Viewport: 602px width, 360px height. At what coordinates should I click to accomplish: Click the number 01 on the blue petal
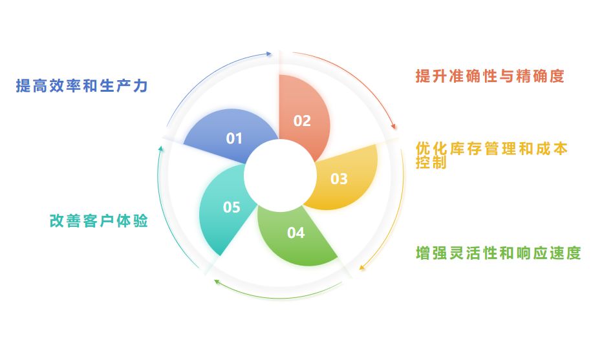pos(234,138)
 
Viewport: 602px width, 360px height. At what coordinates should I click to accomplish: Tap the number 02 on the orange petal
pos(302,121)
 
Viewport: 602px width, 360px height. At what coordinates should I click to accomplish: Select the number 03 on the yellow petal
pos(339,179)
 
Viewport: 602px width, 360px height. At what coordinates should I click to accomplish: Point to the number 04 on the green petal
pos(296,233)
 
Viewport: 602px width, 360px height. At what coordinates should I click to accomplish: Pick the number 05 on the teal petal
pos(231,207)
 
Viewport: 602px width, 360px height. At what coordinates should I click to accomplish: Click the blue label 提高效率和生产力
pos(82,87)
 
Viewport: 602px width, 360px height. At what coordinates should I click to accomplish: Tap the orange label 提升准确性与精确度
pos(489,76)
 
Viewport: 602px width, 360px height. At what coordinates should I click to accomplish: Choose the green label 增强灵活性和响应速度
pos(498,253)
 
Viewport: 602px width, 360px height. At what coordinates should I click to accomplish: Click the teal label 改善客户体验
pos(99,221)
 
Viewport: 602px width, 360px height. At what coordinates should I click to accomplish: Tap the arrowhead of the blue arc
pos(269,53)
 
